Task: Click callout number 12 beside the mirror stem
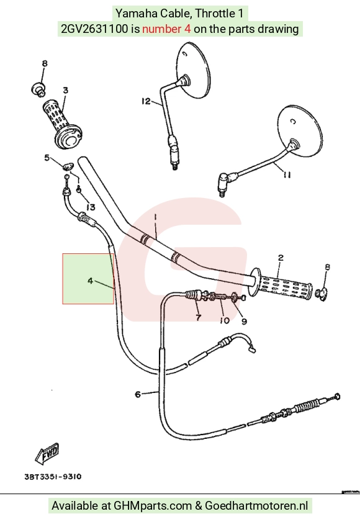[x=146, y=101]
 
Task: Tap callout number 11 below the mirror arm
[x=287, y=174]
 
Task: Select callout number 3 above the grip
[x=66, y=90]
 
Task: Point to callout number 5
[x=47, y=158]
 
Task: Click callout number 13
[x=91, y=207]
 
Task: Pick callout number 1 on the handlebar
[x=155, y=217]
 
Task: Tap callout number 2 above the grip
[x=281, y=258]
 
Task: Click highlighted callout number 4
[x=91, y=281]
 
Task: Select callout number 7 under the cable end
[x=198, y=317]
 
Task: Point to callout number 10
[x=224, y=320]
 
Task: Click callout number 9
[x=244, y=321]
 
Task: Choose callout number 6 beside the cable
[x=138, y=394]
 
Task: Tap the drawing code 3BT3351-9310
[x=53, y=477]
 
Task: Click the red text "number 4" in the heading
[x=166, y=29]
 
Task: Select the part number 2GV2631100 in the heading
[x=94, y=29]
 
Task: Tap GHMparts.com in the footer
[x=153, y=506]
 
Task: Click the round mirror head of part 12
[x=194, y=70]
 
